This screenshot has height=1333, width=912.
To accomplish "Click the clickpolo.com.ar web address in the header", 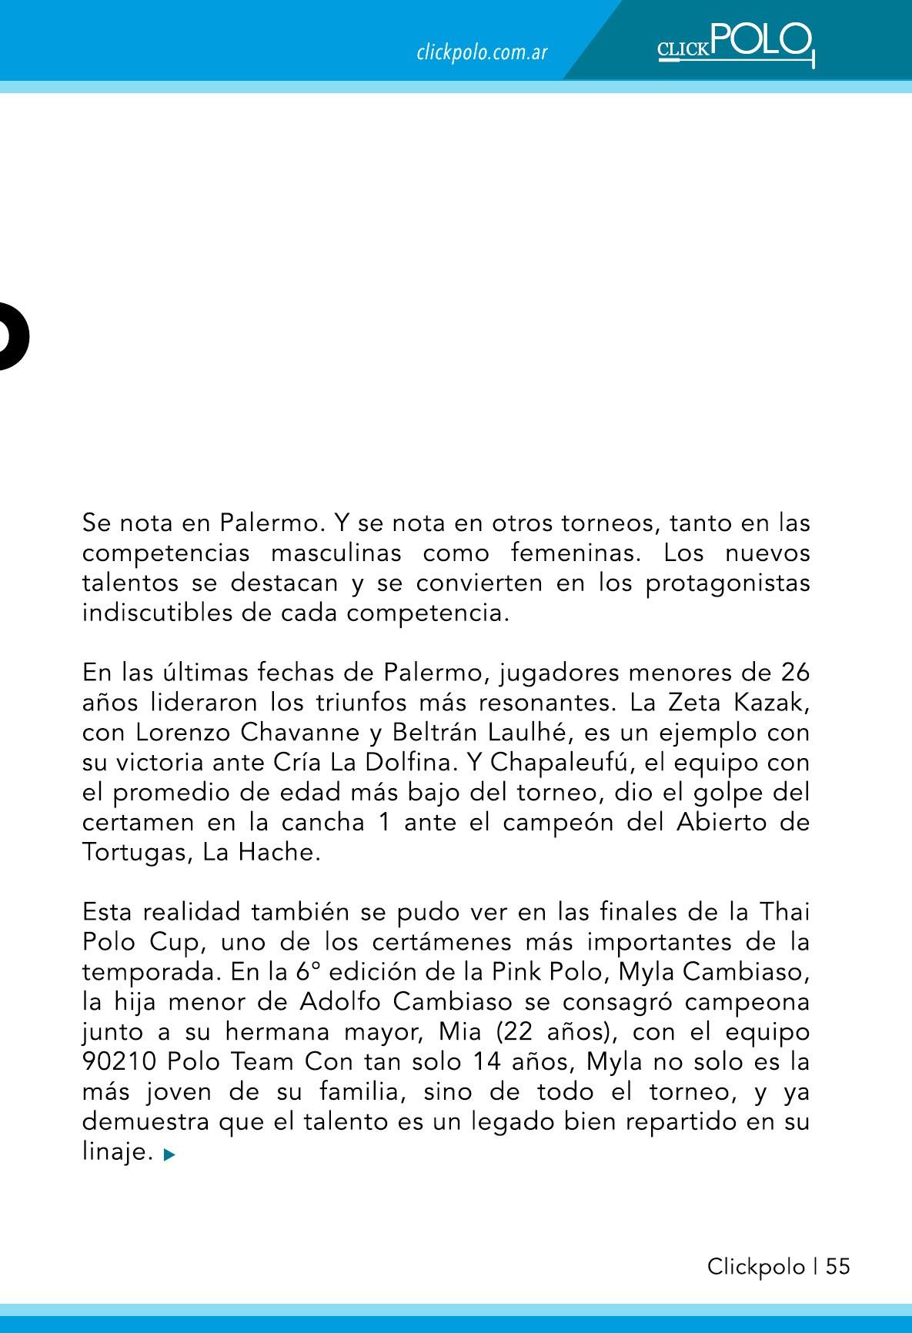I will tap(482, 53).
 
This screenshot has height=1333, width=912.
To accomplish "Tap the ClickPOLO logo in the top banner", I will tap(735, 44).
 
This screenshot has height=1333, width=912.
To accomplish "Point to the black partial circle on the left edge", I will tap(13, 336).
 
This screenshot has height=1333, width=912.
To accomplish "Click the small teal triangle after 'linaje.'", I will tap(170, 1154).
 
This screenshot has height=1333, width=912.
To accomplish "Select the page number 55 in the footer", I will tap(838, 1267).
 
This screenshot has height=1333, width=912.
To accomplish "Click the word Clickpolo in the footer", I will tap(756, 1267).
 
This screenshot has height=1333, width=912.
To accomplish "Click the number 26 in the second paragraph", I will tap(794, 673).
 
